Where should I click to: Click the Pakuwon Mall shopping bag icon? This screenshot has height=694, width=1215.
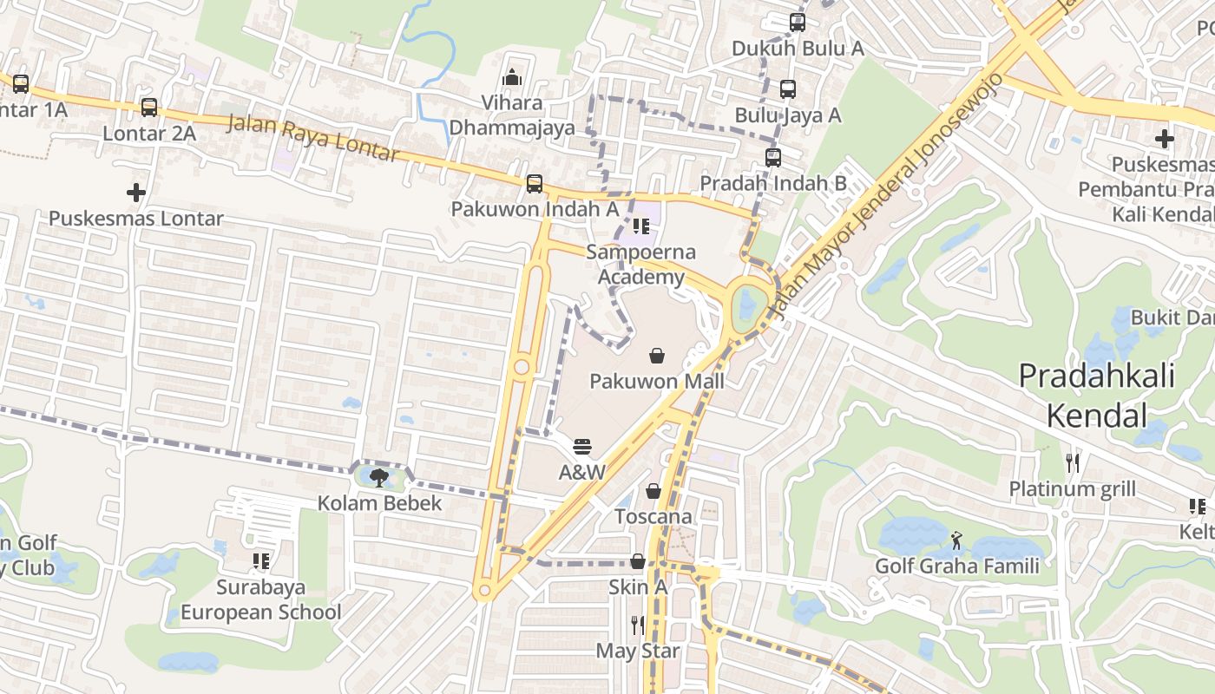(x=657, y=356)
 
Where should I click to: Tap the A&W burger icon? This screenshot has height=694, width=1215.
(x=582, y=447)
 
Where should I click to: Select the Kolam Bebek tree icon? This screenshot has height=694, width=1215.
(x=378, y=477)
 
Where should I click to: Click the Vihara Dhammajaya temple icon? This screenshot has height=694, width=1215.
(x=512, y=77)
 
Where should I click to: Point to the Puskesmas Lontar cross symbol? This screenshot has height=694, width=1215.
(x=135, y=192)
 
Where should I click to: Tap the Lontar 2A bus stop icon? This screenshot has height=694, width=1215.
(x=149, y=108)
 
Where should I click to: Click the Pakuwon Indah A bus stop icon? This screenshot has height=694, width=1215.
(x=534, y=184)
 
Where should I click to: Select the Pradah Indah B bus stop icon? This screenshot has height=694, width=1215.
(x=772, y=158)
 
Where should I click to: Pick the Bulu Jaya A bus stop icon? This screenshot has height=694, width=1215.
(x=787, y=89)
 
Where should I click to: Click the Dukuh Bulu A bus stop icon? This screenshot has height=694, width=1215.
(x=797, y=23)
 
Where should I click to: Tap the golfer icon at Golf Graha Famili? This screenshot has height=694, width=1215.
(x=956, y=541)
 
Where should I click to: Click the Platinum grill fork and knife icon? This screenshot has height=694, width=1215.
(x=1073, y=463)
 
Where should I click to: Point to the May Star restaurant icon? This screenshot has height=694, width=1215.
(x=637, y=625)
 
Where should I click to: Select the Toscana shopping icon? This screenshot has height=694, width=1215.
(x=653, y=492)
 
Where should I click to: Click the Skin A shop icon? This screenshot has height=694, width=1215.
(x=637, y=561)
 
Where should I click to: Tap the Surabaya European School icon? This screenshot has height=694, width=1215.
(x=260, y=561)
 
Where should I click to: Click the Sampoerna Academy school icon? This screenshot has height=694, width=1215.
(x=640, y=227)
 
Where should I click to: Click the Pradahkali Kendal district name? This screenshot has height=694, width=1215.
(x=1096, y=396)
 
